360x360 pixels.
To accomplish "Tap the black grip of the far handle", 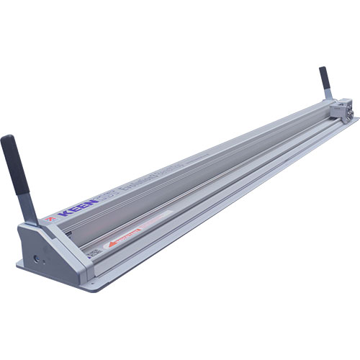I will tap(325, 80).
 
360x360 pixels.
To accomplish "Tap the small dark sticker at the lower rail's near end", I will tap(91, 254).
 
